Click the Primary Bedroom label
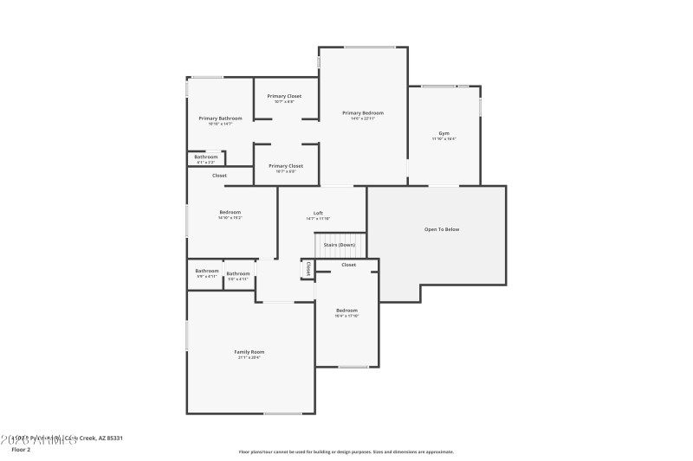click(362, 112)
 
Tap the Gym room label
click(444, 133)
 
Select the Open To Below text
click(441, 229)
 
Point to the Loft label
click(318, 213)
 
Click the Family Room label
click(249, 351)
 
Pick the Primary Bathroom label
click(220, 118)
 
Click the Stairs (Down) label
click(340, 245)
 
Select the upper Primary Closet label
click(284, 96)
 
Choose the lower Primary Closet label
click(285, 165)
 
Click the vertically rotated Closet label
click(308, 269)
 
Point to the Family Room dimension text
click(249, 357)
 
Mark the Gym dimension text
click(444, 139)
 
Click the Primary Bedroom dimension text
click(362, 118)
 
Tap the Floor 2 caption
click(21, 450)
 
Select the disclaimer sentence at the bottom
click(346, 451)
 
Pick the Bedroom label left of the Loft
click(230, 212)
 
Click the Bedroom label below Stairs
click(346, 310)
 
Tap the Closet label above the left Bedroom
click(219, 176)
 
